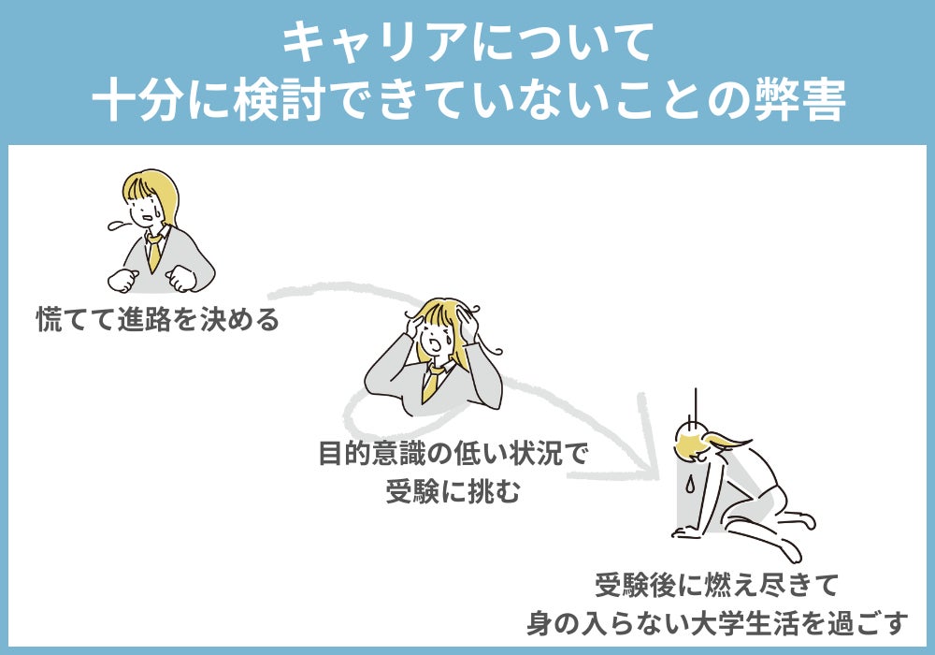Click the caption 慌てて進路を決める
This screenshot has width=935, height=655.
coord(158,319)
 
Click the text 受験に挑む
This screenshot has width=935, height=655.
coord(453,491)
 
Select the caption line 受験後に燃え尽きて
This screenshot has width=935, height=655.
coord(717,585)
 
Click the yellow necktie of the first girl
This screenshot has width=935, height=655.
coord(154,251)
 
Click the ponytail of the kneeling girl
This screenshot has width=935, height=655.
coord(728,441)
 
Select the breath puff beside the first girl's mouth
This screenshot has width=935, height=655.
coord(121,225)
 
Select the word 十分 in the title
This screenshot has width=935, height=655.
coord(137,99)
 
